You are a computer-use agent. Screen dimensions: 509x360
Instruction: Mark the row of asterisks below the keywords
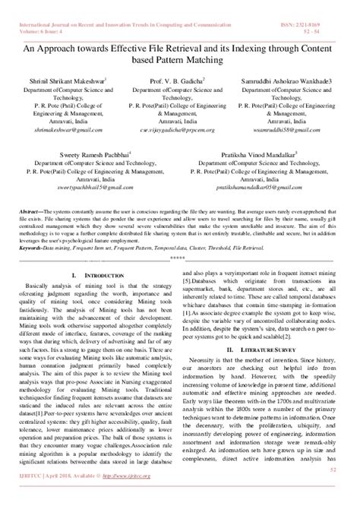(179, 256)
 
